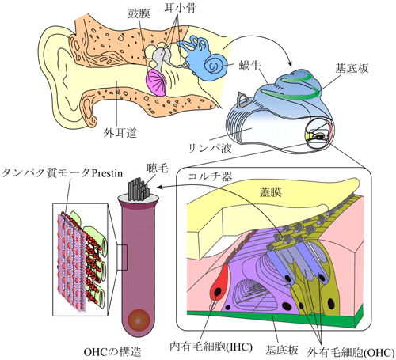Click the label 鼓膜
(139, 13)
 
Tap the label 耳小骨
(181, 8)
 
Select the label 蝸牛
(249, 65)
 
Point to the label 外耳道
(120, 133)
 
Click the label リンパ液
(210, 148)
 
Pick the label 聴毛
(158, 168)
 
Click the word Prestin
(107, 173)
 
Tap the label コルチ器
(210, 176)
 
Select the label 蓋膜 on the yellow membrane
(271, 192)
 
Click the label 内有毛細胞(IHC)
(211, 347)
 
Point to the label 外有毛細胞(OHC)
(351, 352)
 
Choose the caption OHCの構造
(112, 352)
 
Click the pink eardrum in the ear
(156, 82)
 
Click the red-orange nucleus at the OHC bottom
(139, 320)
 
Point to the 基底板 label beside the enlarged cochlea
(352, 68)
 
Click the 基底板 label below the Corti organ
(282, 351)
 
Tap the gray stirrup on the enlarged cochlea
(243, 100)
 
